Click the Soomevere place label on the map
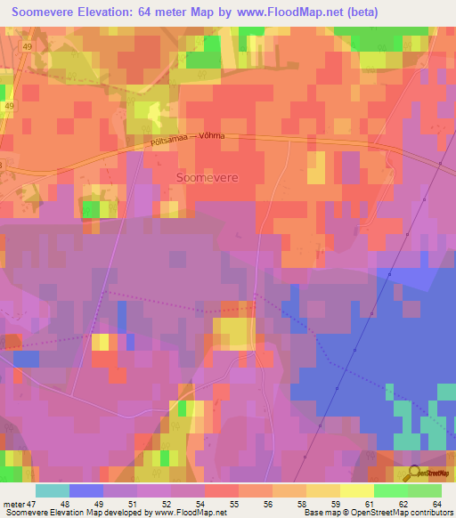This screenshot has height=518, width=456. click(x=207, y=177)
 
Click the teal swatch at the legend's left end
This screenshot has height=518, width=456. click(x=52, y=490)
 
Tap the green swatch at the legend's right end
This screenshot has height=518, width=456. click(x=424, y=490)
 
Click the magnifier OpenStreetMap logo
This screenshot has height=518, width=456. click(x=414, y=473)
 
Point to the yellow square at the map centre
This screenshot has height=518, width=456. click(x=235, y=333)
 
